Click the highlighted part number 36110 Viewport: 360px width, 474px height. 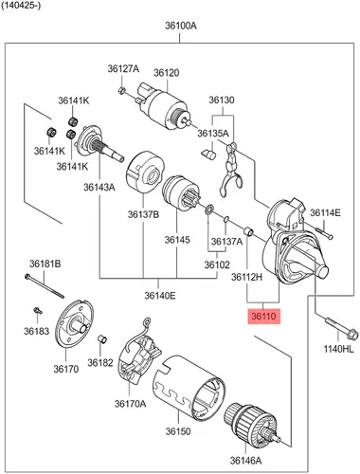click(x=263, y=316)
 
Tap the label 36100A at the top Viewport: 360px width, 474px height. click(x=181, y=26)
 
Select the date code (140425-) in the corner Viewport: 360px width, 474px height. click(x=21, y=6)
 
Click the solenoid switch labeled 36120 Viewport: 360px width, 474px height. click(x=164, y=105)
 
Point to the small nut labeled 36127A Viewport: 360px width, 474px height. click(x=121, y=90)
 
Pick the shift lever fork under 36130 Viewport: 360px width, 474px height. click(x=231, y=170)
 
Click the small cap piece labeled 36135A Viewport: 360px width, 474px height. click(x=208, y=155)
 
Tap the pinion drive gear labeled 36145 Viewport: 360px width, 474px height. click(x=181, y=193)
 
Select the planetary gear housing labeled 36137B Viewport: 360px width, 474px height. click(x=145, y=173)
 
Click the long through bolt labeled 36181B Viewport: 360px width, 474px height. click(x=45, y=286)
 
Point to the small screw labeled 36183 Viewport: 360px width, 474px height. click(x=38, y=311)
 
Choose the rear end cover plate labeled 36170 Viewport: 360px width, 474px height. click(x=74, y=324)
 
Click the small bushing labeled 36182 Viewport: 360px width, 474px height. click(x=101, y=338)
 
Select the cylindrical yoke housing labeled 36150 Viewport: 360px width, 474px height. click(x=189, y=388)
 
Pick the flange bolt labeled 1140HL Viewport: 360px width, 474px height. click(x=342, y=328)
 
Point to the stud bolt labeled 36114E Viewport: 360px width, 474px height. click(x=324, y=233)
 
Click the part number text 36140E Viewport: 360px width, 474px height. click(x=160, y=296)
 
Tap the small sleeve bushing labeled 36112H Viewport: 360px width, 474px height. click(x=249, y=231)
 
